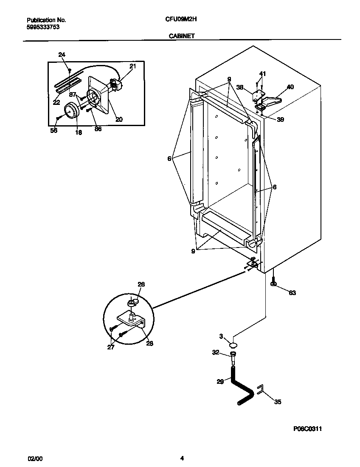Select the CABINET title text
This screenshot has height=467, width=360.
[x=182, y=36]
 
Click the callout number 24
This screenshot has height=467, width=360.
[x=62, y=54]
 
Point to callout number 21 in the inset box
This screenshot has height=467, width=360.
[x=132, y=66]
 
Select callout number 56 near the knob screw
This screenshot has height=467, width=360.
[x=54, y=130]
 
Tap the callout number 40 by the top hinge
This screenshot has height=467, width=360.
[x=290, y=87]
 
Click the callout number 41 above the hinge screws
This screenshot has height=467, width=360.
[x=262, y=74]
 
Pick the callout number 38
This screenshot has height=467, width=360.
[x=240, y=87]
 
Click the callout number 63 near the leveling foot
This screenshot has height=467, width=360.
[x=292, y=293]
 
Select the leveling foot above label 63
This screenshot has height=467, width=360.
[x=274, y=284]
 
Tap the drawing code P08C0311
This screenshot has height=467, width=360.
[x=310, y=430]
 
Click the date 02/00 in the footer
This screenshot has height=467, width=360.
[x=35, y=459]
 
